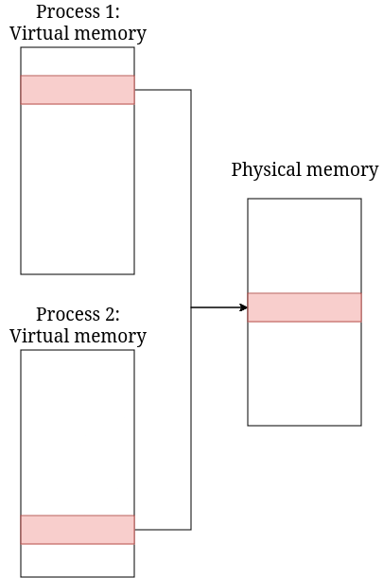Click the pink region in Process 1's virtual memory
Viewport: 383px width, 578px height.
click(x=78, y=90)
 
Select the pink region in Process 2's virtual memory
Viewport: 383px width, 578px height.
click(x=78, y=530)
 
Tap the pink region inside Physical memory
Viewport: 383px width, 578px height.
click(x=305, y=307)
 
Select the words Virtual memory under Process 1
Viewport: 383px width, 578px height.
click(x=78, y=34)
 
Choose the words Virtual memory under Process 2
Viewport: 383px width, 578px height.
click(x=78, y=336)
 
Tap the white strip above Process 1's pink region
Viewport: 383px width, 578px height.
click(x=78, y=61)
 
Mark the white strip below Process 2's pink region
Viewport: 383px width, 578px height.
click(x=78, y=560)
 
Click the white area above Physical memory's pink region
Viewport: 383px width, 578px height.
click(x=305, y=246)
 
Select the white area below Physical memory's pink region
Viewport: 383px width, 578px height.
click(x=305, y=374)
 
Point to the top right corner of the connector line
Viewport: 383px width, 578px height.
click(x=191, y=90)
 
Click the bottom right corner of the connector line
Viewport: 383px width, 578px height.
click(x=191, y=529)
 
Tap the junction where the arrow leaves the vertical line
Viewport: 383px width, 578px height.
click(x=191, y=307)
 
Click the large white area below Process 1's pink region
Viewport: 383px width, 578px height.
click(x=78, y=189)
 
